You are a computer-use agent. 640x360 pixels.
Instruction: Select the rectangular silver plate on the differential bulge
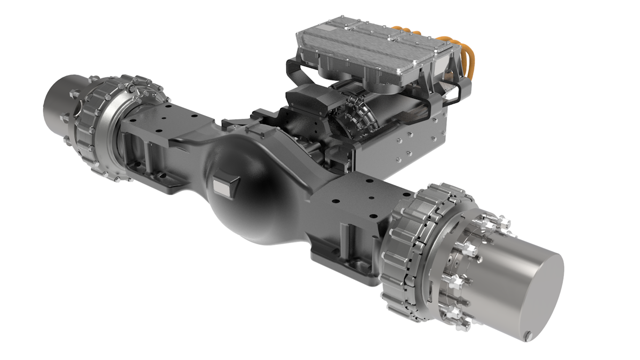[x=221, y=185]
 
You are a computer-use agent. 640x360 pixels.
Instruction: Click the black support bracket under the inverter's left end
[x=299, y=75]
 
